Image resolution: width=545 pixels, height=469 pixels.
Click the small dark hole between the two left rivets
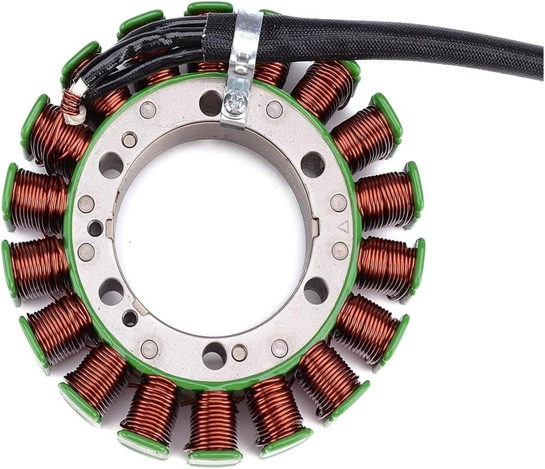click(x=95, y=228)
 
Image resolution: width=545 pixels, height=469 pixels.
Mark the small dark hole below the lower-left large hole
click(x=128, y=314)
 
